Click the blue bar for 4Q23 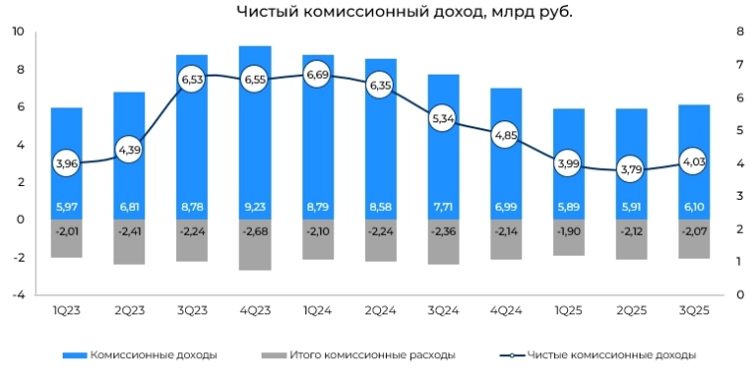point(255,129)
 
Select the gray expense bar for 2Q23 point(129,242)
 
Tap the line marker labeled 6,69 point(317,75)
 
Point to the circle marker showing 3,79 point(631,170)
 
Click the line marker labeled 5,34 point(443,118)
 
